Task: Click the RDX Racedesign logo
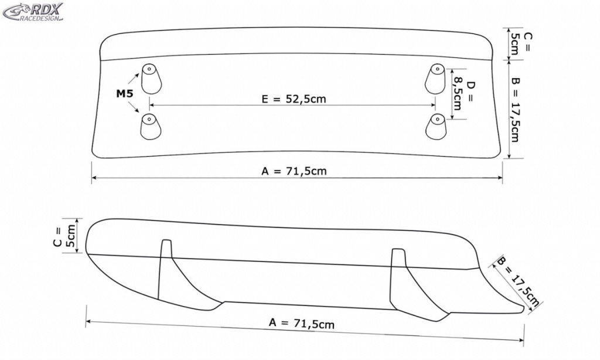[33, 12]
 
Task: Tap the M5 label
[125, 93]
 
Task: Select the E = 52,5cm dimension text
[294, 99]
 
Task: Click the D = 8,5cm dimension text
[463, 96]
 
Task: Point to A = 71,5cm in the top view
[294, 171]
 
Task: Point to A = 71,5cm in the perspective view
[302, 323]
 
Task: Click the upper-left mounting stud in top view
[151, 79]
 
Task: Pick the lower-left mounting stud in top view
[151, 127]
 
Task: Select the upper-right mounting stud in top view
[435, 79]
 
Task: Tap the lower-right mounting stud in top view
[436, 127]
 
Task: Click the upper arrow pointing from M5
[133, 79]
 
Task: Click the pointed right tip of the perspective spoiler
[523, 308]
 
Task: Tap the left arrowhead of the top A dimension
[94, 177]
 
